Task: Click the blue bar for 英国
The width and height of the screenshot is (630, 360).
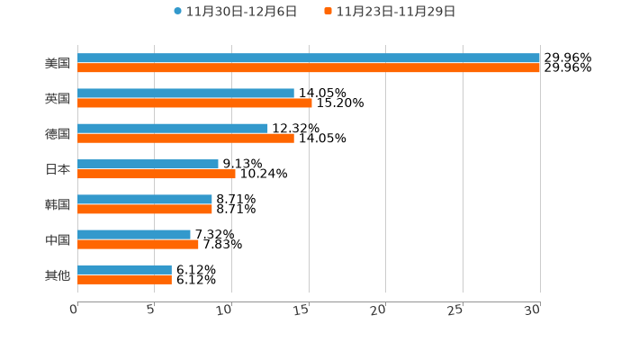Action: point(185,94)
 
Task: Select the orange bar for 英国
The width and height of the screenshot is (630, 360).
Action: point(194,103)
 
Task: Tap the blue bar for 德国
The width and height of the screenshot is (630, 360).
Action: point(173,129)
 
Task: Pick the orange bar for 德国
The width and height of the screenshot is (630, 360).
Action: point(185,139)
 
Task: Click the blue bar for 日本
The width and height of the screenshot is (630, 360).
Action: point(148,164)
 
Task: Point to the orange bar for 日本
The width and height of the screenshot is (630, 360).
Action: point(157,174)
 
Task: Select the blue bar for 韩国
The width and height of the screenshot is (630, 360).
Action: point(145,200)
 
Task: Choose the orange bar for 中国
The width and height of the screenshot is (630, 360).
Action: point(138,244)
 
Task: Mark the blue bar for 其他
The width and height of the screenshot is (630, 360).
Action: point(124,270)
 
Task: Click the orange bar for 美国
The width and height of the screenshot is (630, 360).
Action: point(309,67)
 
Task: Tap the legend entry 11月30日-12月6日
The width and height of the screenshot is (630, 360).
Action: point(235,12)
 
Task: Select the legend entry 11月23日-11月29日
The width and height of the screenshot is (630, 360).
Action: point(390,12)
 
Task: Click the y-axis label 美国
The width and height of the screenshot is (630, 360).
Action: point(58,63)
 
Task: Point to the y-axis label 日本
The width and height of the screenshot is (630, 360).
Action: point(58,169)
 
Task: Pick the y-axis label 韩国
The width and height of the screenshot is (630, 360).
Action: point(58,204)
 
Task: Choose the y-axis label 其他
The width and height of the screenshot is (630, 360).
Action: point(58,274)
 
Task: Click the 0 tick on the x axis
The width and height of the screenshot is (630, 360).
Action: point(75,310)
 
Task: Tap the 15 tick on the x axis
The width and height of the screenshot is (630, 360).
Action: point(303,310)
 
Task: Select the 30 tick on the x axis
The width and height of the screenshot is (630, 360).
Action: point(533,310)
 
